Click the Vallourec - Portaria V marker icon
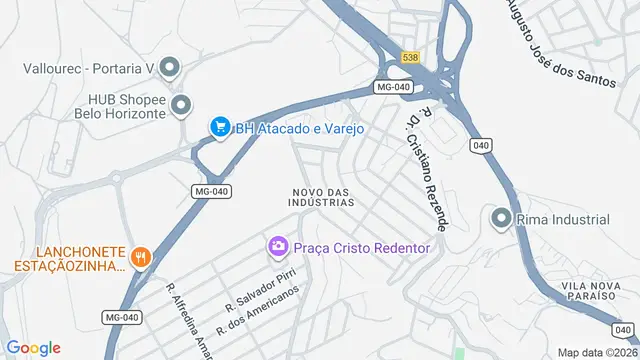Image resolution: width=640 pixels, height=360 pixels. (x=169, y=68)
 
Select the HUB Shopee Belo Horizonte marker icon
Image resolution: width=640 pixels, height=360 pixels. (x=181, y=105)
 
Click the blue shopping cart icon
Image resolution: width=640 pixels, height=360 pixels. (x=219, y=127)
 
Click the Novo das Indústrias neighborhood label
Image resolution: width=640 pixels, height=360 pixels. (x=323, y=196)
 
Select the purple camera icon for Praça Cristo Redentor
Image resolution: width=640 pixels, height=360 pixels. (x=278, y=246)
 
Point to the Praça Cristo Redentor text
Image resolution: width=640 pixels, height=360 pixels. (x=361, y=247)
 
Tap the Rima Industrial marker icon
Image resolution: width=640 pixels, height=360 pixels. (x=500, y=219)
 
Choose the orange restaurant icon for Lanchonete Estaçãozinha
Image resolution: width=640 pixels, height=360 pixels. (x=142, y=258)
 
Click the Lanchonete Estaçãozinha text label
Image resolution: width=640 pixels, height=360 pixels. (x=69, y=258)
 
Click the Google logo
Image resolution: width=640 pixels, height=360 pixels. (x=34, y=347)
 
